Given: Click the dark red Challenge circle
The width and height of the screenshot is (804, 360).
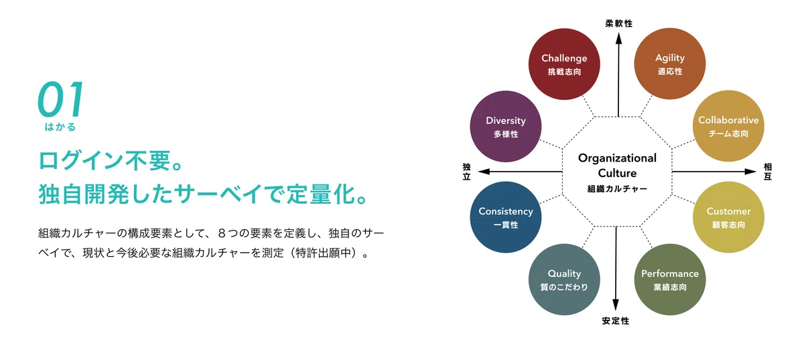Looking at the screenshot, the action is click(x=564, y=64).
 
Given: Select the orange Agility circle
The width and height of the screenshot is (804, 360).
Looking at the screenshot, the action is click(x=670, y=64).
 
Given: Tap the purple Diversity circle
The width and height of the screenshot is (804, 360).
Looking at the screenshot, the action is click(x=506, y=127).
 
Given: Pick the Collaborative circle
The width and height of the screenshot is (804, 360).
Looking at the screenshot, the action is click(x=728, y=126).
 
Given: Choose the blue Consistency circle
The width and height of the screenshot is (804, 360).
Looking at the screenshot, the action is click(x=506, y=217).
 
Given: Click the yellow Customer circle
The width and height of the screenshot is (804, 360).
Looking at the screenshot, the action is click(x=728, y=217).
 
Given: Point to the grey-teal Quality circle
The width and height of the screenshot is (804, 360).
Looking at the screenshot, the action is click(x=564, y=280).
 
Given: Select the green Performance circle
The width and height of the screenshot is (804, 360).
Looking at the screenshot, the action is click(x=670, y=280).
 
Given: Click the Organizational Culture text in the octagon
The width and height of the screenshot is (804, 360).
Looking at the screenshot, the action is click(x=617, y=166).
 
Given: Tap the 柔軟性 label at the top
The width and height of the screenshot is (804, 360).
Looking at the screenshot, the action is click(x=619, y=23).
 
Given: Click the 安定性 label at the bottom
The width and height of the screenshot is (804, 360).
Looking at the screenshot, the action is click(x=616, y=321).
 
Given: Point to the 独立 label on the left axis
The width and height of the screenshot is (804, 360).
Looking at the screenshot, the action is click(x=466, y=172).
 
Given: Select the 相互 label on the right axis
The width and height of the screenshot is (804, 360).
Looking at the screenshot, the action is click(x=767, y=172).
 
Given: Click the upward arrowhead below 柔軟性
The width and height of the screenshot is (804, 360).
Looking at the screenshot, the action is click(x=619, y=38).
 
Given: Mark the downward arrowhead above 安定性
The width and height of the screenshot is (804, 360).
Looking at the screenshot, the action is click(x=616, y=304).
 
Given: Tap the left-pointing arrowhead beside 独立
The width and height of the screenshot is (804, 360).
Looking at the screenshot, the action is click(x=484, y=172).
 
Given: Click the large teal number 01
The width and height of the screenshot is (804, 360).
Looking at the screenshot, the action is click(x=61, y=99).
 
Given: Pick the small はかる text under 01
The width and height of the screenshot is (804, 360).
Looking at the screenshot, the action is click(x=60, y=127).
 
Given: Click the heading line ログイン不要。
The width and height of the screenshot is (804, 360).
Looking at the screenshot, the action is click(x=111, y=160).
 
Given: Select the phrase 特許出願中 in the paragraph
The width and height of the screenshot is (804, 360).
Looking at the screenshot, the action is click(x=324, y=253).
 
